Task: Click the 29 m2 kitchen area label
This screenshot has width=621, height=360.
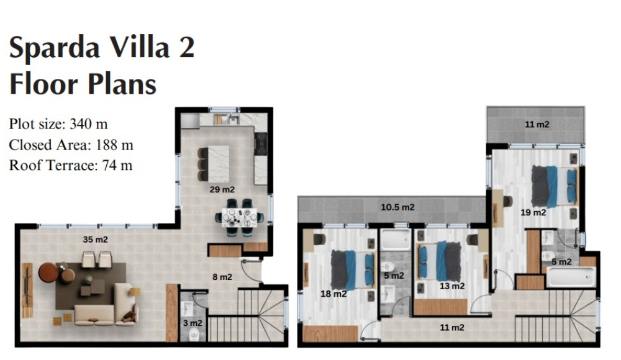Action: (x=222, y=190)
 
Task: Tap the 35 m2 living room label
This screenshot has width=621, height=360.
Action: (x=95, y=240)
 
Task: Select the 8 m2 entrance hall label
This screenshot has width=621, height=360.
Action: (x=222, y=277)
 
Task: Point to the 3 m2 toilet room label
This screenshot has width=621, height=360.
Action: (x=193, y=323)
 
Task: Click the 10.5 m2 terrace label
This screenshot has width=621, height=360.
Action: (x=397, y=207)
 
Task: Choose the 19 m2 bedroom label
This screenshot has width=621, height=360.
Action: (x=533, y=213)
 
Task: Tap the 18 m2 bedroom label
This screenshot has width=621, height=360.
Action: (x=333, y=294)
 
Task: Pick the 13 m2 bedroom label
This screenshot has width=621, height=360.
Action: (x=452, y=286)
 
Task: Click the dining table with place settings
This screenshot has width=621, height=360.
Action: (x=239, y=217)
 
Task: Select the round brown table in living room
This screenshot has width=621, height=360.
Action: (x=49, y=272)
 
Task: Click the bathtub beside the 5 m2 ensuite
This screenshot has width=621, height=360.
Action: (x=571, y=277)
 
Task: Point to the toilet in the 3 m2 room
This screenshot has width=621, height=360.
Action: (x=194, y=335)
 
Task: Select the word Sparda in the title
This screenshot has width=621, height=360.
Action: (x=54, y=48)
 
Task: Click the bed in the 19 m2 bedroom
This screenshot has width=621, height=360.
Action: (x=555, y=187)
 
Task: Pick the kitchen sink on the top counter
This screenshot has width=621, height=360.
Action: (x=233, y=119)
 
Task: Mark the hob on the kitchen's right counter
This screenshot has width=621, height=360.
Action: (x=261, y=144)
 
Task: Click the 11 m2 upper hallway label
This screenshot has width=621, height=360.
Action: (x=452, y=328)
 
